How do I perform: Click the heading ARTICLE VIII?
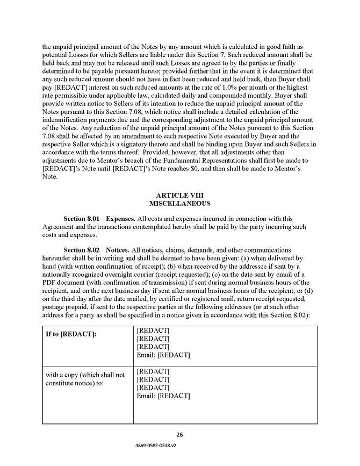pos(179,195)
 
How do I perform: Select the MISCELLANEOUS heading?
pos(179,204)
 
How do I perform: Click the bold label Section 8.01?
pos(82,219)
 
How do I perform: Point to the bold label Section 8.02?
pos(82,250)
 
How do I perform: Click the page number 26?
pos(180,434)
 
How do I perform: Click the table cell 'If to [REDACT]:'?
pos(71,335)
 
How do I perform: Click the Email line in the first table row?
pos(163,355)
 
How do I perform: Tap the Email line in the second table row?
pos(163,396)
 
